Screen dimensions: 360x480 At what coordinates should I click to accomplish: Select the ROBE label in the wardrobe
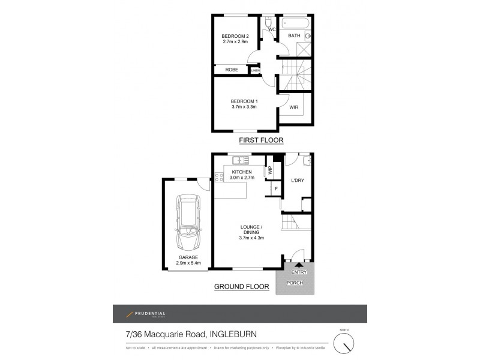click(x=232, y=70)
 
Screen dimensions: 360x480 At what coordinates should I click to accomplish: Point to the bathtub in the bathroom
click(x=295, y=25)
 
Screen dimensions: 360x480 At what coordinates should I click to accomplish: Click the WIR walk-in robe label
click(x=294, y=107)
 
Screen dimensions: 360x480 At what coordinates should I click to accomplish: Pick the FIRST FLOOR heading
click(x=261, y=140)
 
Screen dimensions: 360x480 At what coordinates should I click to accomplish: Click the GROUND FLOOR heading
click(x=241, y=287)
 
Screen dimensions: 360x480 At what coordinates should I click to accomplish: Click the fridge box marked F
click(x=275, y=190)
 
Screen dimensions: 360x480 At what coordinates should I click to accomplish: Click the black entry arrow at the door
click(x=299, y=266)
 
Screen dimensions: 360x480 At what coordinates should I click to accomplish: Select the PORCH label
click(x=295, y=283)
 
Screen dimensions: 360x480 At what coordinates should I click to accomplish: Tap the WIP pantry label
click(x=270, y=170)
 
